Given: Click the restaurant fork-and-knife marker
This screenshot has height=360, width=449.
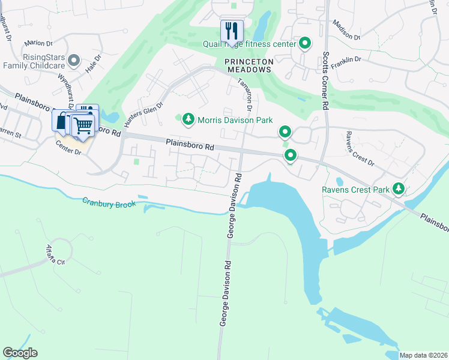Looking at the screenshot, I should (x=232, y=31).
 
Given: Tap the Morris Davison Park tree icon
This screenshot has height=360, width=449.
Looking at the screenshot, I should (x=188, y=120).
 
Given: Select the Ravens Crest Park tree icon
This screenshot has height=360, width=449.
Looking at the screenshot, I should (x=398, y=190).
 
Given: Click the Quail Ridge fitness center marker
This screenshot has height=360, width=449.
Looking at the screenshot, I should (x=305, y=44).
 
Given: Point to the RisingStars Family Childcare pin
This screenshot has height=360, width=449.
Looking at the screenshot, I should (x=74, y=60).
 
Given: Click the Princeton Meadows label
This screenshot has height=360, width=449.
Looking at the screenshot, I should (x=249, y=65).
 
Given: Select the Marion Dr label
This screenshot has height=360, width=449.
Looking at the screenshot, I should (x=39, y=43).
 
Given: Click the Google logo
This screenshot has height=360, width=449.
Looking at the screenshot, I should (x=20, y=353).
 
